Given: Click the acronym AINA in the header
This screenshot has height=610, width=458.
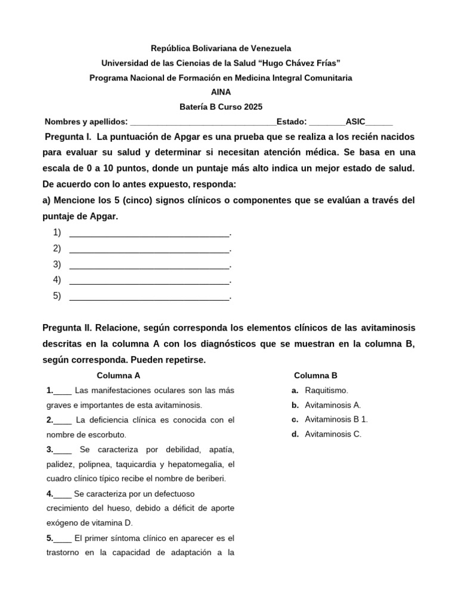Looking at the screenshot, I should (x=221, y=92).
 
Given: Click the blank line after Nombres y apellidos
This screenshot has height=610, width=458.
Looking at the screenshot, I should (x=203, y=122).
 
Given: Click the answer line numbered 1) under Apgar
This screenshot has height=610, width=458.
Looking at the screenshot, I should (x=149, y=233).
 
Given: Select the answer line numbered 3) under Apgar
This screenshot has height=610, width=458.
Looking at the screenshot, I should (x=149, y=264).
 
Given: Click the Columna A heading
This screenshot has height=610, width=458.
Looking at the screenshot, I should (x=119, y=375).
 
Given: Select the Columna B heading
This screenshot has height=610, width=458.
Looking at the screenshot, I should (x=315, y=375).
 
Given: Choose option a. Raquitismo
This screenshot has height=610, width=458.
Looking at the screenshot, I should (x=326, y=390).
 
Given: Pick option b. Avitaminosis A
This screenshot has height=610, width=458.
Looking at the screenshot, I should (x=332, y=405).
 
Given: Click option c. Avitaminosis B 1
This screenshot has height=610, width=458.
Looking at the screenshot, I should (x=336, y=419).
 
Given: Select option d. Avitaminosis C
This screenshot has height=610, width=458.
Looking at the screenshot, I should (x=333, y=434).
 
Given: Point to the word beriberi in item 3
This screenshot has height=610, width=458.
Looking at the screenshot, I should (x=209, y=478).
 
